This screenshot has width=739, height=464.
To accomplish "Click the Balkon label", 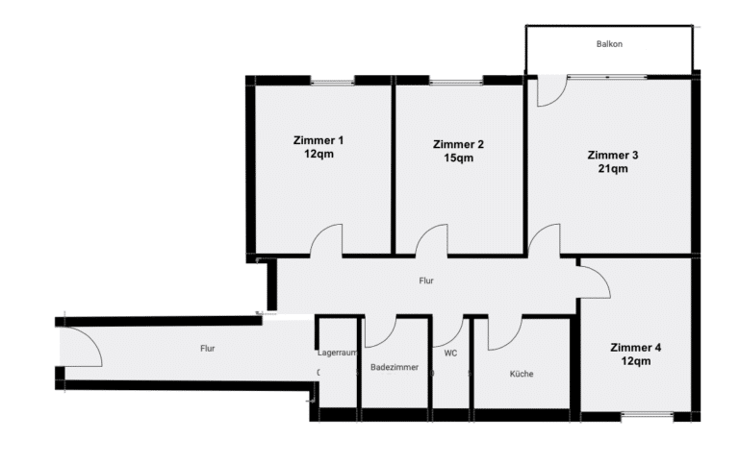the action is [x=609, y=44].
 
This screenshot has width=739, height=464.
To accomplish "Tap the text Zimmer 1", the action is [x=319, y=140].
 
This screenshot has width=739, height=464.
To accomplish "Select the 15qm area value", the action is [x=459, y=159].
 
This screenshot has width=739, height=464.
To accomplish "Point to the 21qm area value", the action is [x=613, y=168].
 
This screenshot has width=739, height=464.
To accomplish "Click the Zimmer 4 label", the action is [x=635, y=348].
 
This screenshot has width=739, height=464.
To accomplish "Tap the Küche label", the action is [x=522, y=374].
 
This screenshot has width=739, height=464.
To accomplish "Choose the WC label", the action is [x=450, y=353].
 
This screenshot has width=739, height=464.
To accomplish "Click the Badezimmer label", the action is [x=395, y=367].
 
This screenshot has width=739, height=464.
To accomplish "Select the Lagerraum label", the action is [x=338, y=353].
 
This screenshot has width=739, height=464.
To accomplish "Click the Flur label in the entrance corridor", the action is [x=208, y=348].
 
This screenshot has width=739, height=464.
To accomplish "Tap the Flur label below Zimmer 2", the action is [x=426, y=281].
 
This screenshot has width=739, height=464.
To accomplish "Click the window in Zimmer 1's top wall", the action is [x=332, y=83].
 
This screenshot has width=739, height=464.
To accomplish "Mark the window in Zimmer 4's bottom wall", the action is [x=647, y=414].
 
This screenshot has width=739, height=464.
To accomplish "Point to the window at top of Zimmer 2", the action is [x=456, y=83].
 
